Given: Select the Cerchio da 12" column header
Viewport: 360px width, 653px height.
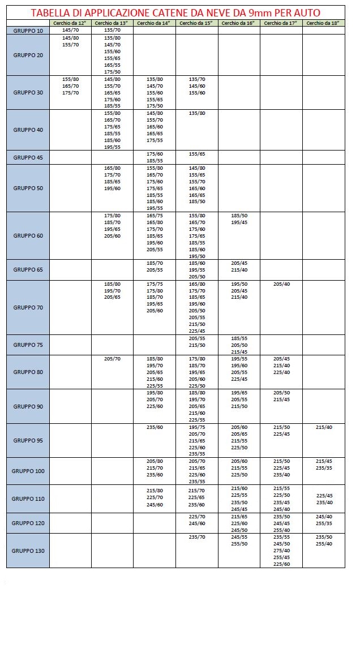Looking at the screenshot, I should [70, 23].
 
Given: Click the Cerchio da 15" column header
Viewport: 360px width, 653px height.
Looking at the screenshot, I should [196, 23].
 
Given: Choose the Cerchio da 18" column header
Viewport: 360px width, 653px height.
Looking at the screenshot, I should [324, 23].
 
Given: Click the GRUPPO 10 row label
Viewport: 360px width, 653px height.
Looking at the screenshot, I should [28, 30].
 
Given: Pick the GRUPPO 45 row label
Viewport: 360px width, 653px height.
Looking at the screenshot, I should [28, 157].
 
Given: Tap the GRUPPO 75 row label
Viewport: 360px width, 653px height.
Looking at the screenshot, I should [28, 345].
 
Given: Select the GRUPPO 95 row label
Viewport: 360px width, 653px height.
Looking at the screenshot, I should [28, 440].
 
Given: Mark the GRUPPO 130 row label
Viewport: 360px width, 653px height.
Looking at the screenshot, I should [28, 551].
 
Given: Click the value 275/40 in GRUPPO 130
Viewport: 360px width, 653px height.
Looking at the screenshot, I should [281, 550].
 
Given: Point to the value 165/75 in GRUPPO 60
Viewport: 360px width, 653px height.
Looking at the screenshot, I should [155, 216].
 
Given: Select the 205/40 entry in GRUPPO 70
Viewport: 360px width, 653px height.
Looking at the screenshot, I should [281, 283].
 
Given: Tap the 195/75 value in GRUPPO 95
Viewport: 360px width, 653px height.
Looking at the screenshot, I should [196, 427].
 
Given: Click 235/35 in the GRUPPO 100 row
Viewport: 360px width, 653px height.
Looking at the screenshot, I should [324, 468].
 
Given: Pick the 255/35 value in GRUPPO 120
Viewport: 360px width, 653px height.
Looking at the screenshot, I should [324, 523].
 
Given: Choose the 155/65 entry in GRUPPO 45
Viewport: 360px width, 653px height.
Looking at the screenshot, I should [196, 154].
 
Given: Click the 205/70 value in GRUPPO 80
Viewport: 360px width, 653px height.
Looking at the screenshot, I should [112, 359].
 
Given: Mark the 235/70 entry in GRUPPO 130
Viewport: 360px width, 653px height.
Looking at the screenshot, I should [196, 536].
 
